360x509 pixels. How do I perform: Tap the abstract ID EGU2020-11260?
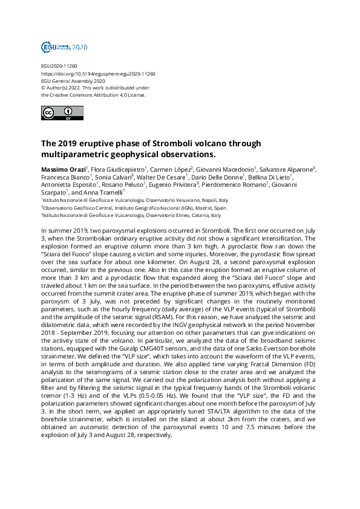pyautogui.click(x=59, y=66)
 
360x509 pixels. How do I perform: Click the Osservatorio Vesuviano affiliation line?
pyautogui.click(x=134, y=200)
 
